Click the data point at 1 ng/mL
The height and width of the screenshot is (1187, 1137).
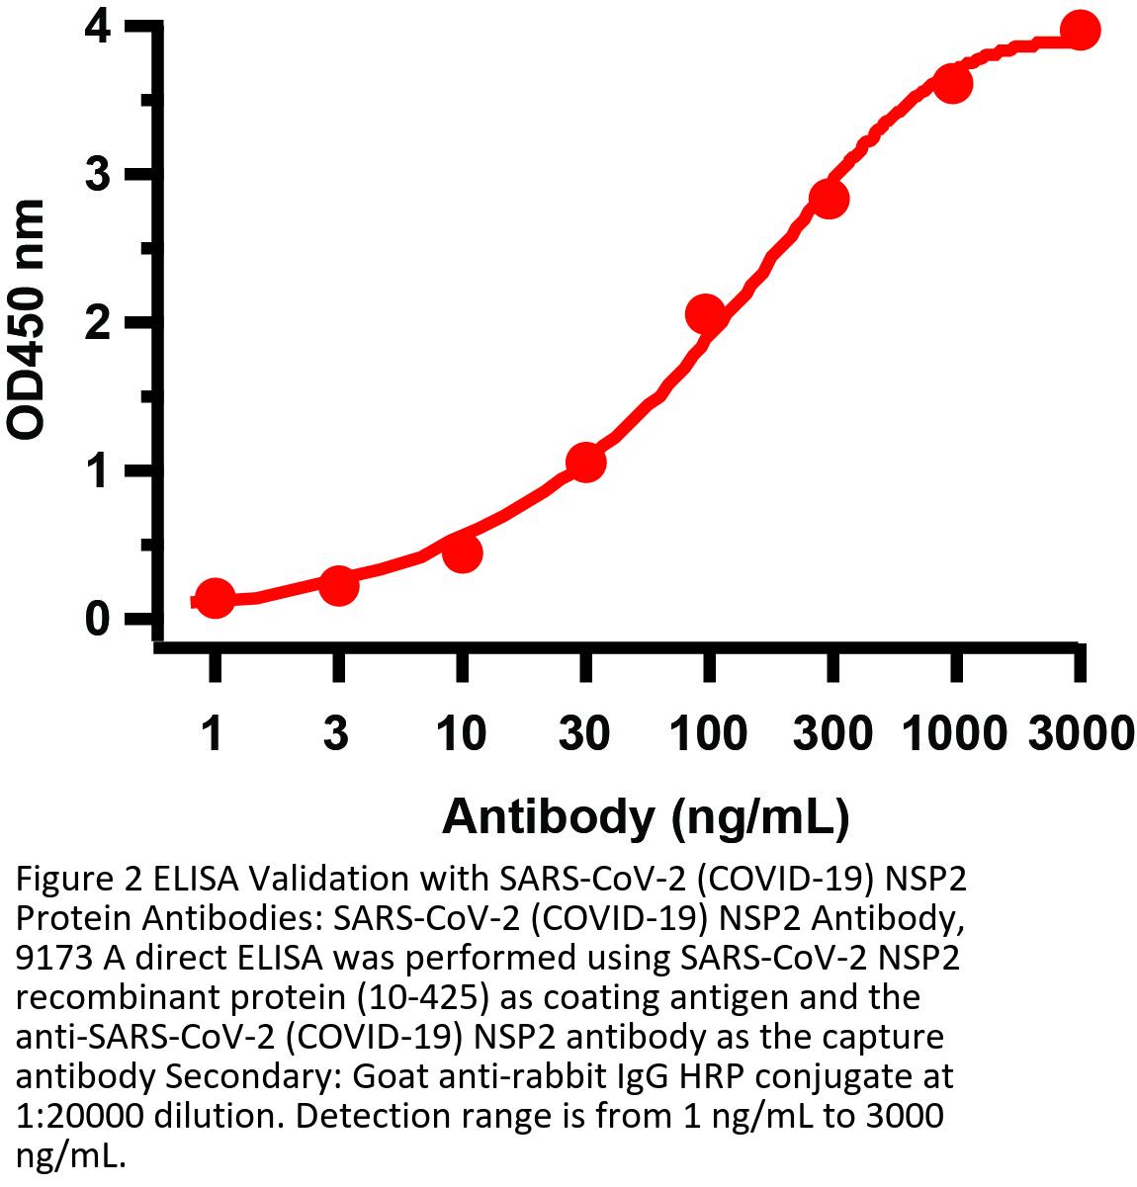215,598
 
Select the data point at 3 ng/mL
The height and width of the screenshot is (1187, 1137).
338,585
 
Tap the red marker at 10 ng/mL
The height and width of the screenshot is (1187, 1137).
462,552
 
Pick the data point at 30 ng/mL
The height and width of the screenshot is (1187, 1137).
585,462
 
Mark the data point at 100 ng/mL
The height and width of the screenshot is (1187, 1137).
706,313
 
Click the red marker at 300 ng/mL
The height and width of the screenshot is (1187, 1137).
829,199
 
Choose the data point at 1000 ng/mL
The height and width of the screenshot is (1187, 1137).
953,84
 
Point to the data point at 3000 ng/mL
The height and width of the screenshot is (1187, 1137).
1080,31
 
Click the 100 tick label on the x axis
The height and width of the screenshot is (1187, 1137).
708,733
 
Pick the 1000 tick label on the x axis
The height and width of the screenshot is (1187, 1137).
954,733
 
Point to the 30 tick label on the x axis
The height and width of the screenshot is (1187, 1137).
585,733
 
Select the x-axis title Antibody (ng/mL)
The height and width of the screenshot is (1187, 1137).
646,817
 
